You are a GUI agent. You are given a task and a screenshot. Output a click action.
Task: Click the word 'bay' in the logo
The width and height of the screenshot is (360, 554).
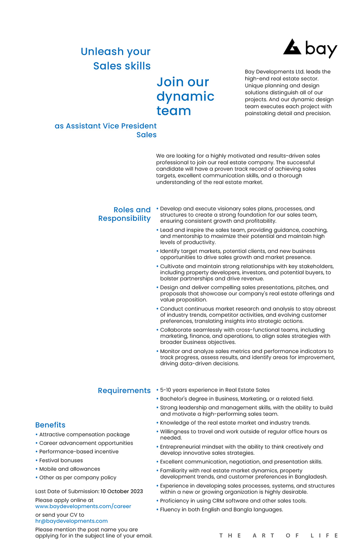click(x=321, y=49)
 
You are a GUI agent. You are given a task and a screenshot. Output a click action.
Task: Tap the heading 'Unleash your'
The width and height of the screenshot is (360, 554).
click(x=116, y=52)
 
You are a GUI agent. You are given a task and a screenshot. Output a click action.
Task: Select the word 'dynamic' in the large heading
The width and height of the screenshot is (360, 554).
click(x=185, y=96)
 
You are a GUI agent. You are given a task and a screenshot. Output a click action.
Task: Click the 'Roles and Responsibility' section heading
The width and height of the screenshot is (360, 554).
click(x=124, y=214)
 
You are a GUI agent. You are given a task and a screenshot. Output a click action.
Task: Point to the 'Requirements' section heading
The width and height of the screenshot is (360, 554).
click(x=124, y=390)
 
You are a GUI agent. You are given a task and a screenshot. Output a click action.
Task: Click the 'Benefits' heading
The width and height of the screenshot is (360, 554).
click(x=50, y=425)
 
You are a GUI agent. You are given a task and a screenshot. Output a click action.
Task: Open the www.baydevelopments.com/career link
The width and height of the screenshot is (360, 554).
click(x=83, y=506)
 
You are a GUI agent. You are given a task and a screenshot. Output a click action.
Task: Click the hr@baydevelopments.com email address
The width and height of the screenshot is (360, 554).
click(x=71, y=521)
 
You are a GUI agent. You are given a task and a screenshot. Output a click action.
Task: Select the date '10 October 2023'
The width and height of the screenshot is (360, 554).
click(x=122, y=491)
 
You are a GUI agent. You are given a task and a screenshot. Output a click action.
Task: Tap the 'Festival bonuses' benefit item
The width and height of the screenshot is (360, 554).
click(x=61, y=460)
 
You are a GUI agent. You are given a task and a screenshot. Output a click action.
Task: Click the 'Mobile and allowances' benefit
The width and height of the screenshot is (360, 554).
click(x=70, y=469)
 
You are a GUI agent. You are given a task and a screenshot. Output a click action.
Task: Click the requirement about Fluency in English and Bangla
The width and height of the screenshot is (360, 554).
click(x=221, y=510)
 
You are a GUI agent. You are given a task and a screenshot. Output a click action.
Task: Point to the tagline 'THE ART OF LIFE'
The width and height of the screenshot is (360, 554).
click(x=279, y=536)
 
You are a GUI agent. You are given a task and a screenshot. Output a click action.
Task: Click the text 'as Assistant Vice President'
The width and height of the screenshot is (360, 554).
click(x=106, y=126)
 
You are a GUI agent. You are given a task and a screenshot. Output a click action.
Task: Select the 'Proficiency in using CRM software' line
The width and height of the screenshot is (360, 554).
click(x=233, y=501)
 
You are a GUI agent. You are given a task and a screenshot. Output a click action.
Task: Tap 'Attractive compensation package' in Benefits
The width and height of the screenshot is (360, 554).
click(x=84, y=434)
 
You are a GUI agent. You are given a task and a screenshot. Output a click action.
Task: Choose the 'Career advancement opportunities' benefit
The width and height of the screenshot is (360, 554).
click(x=86, y=443)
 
